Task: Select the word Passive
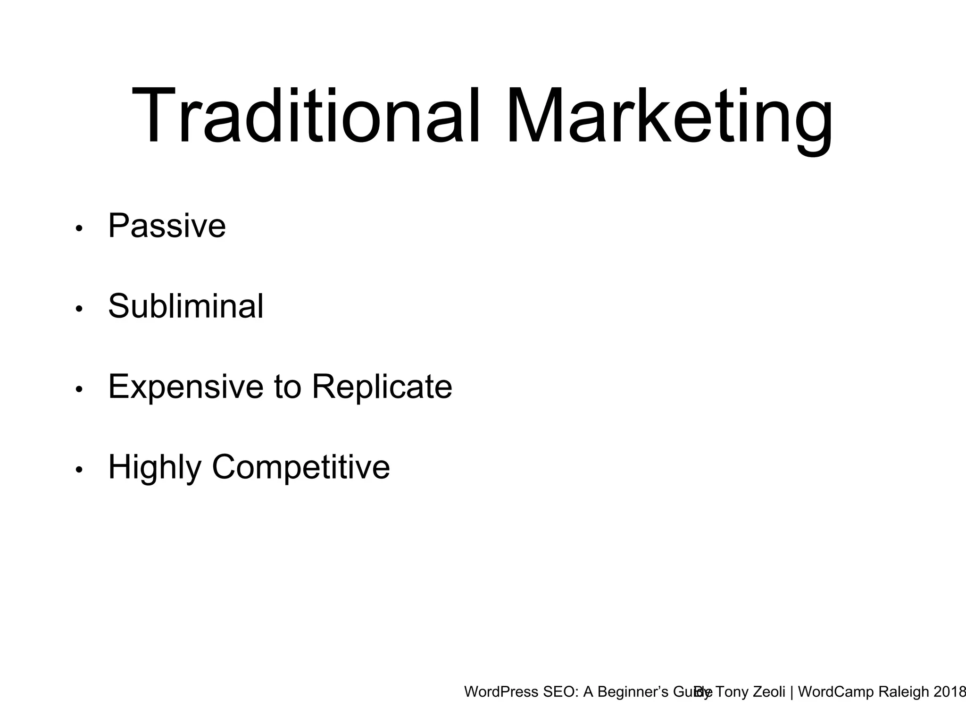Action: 167,226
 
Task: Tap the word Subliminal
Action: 186,306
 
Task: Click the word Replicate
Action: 382,387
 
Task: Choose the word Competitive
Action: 301,467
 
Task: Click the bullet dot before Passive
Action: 79,229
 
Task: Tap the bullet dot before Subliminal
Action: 79,309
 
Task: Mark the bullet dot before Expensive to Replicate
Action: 79,389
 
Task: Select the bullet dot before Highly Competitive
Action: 79,470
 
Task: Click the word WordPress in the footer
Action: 501,692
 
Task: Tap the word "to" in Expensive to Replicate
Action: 287,387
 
